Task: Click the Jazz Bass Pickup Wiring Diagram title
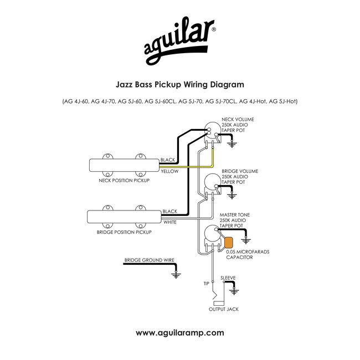[180, 85]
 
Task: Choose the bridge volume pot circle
[212, 182]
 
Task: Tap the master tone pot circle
[211, 235]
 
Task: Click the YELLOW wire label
[169, 172]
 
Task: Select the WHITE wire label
[169, 222]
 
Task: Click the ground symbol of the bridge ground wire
[177, 274]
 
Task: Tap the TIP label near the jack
[206, 283]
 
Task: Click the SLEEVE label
[228, 277]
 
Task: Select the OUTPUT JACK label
[224, 309]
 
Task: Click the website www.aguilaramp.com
[180, 332]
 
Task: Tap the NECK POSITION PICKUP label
[124, 181]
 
